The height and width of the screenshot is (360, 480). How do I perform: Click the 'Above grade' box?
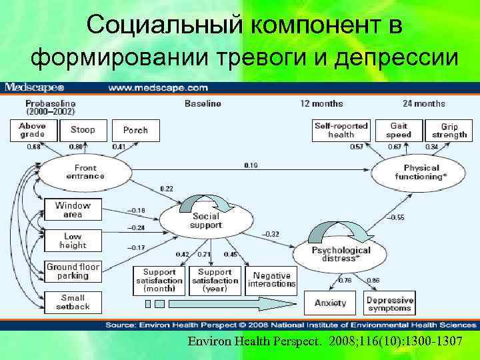pyautogui.click(x=32, y=130)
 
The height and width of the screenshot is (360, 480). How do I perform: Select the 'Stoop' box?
pyautogui.click(x=83, y=130)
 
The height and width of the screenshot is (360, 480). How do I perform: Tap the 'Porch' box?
pyautogui.click(x=135, y=130)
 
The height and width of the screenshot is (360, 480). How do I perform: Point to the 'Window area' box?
pyautogui.click(x=73, y=210)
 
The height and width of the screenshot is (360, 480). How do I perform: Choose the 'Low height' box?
pyautogui.click(x=73, y=241)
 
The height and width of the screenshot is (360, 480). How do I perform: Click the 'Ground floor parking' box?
pyautogui.click(x=73, y=271)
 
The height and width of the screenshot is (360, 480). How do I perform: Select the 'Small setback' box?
pyautogui.click(x=73, y=302)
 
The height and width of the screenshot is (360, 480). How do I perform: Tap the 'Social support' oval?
pyautogui.click(x=206, y=221)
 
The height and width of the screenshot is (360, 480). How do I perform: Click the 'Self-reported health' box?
pyautogui.click(x=341, y=130)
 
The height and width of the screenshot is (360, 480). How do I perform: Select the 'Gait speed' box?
pyautogui.click(x=399, y=130)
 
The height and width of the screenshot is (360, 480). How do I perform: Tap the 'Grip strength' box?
pyautogui.click(x=454, y=131)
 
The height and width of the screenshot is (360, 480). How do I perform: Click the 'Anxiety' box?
pyautogui.click(x=331, y=303)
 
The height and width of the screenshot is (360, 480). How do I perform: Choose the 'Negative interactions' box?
pyautogui.click(x=271, y=280)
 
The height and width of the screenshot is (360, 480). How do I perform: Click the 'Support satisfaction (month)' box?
pyautogui.click(x=159, y=280)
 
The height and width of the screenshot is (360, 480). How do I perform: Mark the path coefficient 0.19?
pyautogui.click(x=251, y=165)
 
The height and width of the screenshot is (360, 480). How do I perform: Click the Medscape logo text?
pyautogui.click(x=35, y=87)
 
